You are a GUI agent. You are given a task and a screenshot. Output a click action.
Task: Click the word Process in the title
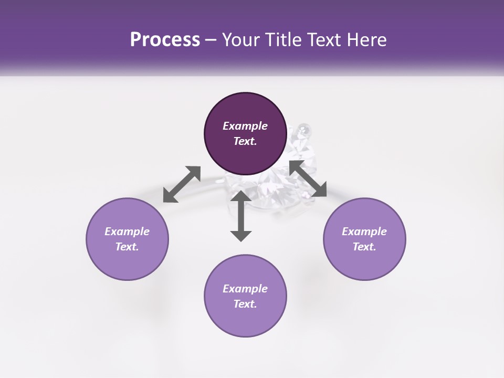pos(165,40)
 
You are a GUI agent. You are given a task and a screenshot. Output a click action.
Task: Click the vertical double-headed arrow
pos(241,216)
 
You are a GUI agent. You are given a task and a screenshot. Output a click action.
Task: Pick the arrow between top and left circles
pos(182,184)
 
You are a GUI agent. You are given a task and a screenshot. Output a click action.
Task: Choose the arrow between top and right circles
pos(308,179)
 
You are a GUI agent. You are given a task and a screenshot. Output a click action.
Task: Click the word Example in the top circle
pos(245,126)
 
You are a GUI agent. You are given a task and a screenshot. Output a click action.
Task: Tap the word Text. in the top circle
pos(245,141)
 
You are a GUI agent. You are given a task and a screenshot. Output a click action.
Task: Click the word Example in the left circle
pos(127,232)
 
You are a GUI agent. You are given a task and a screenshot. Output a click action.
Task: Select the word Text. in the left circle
pos(127,247)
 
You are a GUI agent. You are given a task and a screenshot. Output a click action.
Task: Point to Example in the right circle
pos(364,232)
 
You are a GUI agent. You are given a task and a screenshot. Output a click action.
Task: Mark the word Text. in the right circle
pos(364,247)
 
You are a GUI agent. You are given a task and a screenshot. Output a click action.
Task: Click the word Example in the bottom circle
pos(245,289)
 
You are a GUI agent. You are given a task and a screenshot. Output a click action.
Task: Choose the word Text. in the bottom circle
pos(245,304)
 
